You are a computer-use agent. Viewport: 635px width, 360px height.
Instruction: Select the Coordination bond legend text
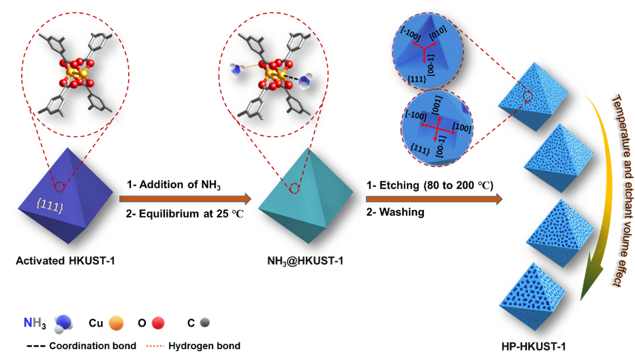coord(91,346)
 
